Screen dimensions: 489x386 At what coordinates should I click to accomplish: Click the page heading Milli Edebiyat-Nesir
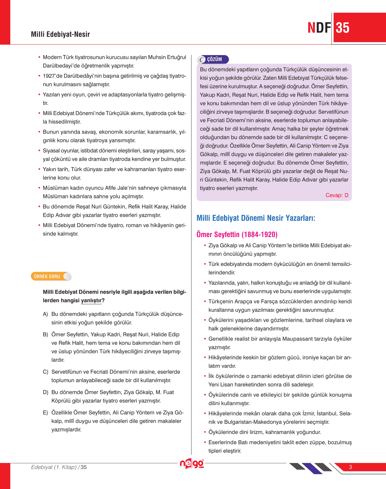pos(60,34)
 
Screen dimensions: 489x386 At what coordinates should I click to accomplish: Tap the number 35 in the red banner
pos(343,28)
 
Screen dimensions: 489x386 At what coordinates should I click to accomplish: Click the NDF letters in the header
pos(319,28)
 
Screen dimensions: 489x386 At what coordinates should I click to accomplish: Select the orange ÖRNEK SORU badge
pos(48,276)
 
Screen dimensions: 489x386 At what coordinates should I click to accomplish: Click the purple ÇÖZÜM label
pos(214,59)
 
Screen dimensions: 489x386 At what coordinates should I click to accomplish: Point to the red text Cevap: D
pos(337,195)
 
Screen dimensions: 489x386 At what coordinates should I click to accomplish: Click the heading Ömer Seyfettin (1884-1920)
pos(237,234)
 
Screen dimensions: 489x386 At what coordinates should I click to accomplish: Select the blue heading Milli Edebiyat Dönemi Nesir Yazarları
pos(256,218)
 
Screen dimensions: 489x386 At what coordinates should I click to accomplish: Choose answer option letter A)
pos(45,314)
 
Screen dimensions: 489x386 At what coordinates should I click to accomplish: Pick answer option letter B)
pos(45,335)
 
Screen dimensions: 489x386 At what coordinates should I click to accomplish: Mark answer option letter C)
pos(45,372)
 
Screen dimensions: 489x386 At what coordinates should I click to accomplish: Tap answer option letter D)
pos(45,392)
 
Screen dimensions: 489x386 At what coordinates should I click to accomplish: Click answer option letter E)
pos(45,413)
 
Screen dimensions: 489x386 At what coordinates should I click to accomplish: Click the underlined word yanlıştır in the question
pos(91,301)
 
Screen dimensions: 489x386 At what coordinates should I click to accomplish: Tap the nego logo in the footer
pos(192,464)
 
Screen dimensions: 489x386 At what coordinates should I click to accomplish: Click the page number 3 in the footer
pos(350,467)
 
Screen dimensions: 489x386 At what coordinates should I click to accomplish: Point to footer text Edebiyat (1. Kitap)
pos(54,467)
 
